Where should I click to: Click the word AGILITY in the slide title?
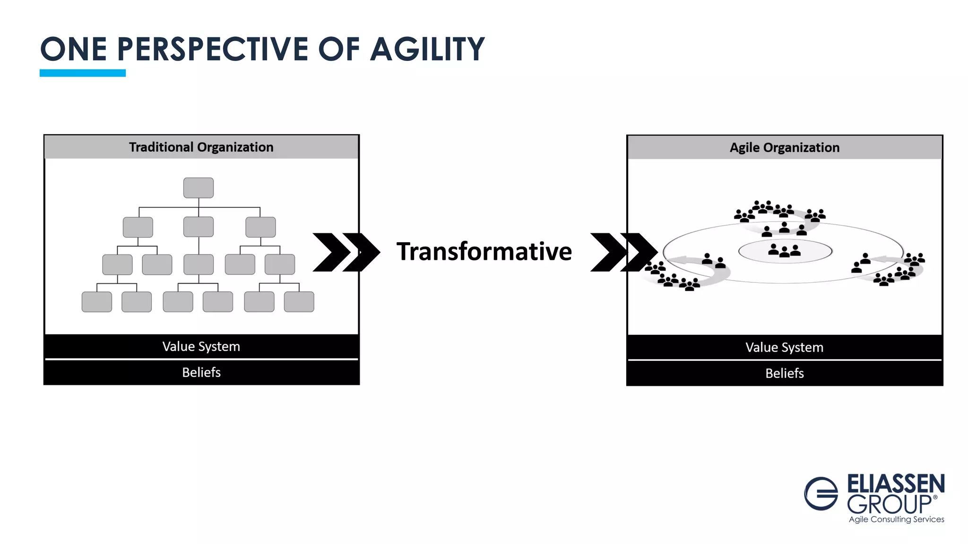(427, 49)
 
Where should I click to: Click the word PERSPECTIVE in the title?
(212, 49)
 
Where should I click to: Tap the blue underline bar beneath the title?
(83, 73)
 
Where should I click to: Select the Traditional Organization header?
(201, 147)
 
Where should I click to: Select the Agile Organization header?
(785, 148)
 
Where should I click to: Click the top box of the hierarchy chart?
(199, 188)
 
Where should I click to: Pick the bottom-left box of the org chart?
(97, 302)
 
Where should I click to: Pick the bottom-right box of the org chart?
(299, 302)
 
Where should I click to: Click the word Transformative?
(484, 251)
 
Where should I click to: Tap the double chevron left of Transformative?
(346, 252)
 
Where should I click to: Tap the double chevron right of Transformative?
(623, 252)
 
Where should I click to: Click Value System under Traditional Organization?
(201, 347)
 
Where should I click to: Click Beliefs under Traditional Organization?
(201, 373)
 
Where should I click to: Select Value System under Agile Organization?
(785, 348)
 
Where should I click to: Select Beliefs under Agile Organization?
(785, 374)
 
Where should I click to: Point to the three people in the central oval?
(785, 250)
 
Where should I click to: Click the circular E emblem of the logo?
(821, 493)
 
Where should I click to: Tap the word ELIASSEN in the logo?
(896, 484)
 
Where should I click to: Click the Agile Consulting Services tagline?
(896, 519)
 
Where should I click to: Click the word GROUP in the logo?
(889, 504)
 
